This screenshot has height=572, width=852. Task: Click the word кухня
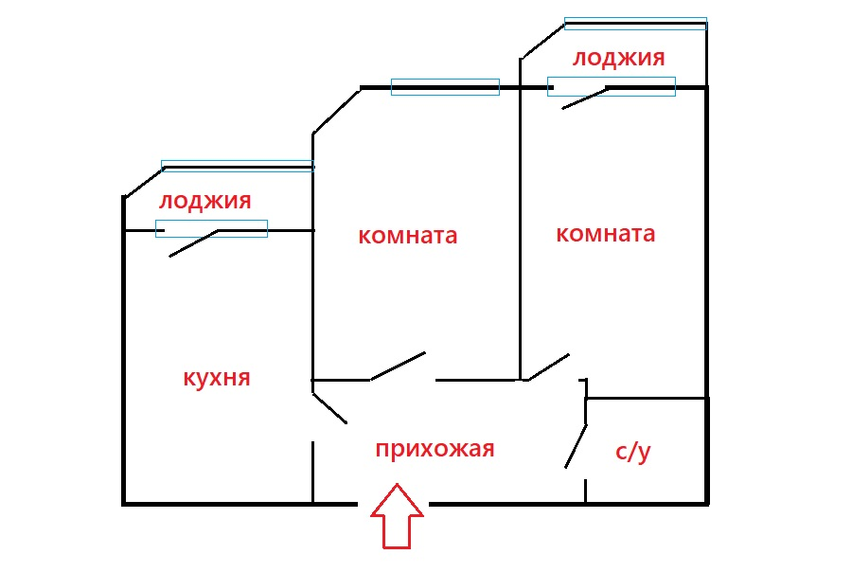click(x=216, y=378)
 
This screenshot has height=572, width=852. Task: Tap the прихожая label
click(x=435, y=448)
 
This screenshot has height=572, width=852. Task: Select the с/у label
click(x=633, y=452)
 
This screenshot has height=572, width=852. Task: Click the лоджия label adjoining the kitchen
click(x=204, y=201)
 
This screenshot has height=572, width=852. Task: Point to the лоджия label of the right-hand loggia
click(x=618, y=58)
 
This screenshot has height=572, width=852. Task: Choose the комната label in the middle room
click(x=407, y=235)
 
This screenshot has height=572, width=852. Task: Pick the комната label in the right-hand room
click(x=605, y=233)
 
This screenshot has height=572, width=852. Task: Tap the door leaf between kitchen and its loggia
click(x=194, y=243)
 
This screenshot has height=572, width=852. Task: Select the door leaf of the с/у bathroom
click(x=576, y=445)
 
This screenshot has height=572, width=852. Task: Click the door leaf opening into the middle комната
click(x=397, y=366)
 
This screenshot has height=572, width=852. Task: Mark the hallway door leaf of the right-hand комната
click(x=548, y=367)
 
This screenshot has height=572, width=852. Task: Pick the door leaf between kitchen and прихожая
click(x=329, y=407)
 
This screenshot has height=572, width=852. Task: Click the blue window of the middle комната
click(x=445, y=87)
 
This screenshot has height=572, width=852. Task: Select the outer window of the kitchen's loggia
click(x=237, y=166)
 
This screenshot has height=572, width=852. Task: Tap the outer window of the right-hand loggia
click(x=635, y=24)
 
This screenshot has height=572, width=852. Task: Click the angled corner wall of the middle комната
click(x=336, y=111)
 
